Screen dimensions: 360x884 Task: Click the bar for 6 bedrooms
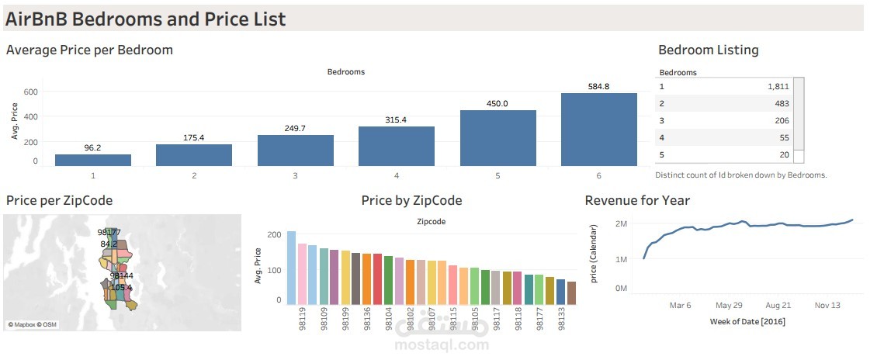[598, 129]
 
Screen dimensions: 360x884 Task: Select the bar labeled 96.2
[92, 160]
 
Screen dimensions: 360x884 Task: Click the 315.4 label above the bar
[396, 120]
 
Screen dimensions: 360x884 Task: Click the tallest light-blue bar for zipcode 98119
[291, 267]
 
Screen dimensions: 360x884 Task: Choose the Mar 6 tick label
[680, 306]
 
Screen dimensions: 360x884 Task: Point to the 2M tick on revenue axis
[621, 223]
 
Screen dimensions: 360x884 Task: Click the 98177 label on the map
[109, 232]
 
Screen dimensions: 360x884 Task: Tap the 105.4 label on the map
[121, 288]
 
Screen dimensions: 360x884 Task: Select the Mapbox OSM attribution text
[33, 324]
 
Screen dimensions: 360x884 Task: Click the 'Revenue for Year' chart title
[636, 200]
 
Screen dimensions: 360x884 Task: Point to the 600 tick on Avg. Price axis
[29, 92]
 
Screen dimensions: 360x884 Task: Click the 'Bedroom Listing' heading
[708, 50]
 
